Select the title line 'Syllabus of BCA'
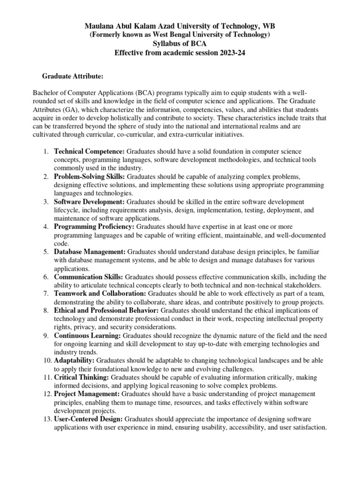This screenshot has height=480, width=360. (180, 44)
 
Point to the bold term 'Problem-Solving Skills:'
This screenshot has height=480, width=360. (90, 176)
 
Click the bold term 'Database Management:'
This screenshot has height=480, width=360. (90, 252)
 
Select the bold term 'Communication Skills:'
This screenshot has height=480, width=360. (89, 277)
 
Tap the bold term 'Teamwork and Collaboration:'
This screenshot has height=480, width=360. (99, 293)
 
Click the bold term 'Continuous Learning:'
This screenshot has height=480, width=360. (87, 336)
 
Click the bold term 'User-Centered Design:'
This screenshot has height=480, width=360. (89, 419)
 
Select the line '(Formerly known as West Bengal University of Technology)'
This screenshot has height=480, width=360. (180, 35)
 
